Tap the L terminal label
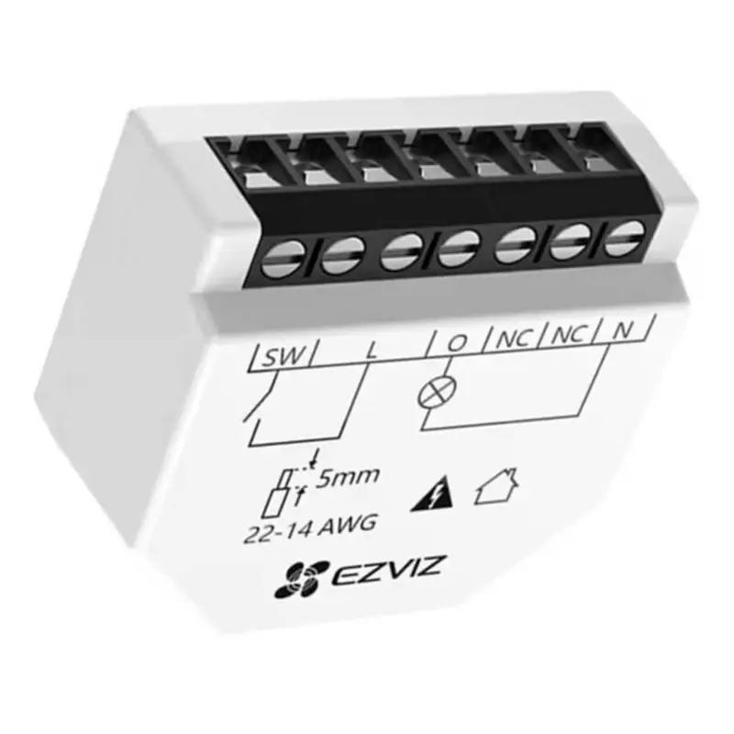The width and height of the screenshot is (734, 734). click(370, 350)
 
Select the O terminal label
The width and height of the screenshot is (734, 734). click(456, 344)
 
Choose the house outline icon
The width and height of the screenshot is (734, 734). click(497, 488)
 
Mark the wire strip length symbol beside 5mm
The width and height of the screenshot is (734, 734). click(292, 490)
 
